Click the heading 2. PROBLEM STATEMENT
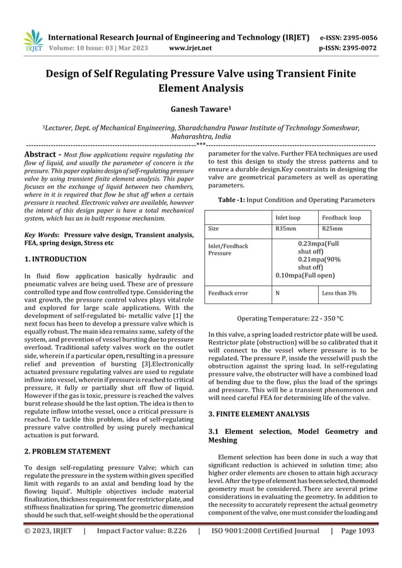click(64, 451)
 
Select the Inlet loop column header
click(287, 217)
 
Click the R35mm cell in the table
click(286, 230)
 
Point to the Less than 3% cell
click(340, 293)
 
